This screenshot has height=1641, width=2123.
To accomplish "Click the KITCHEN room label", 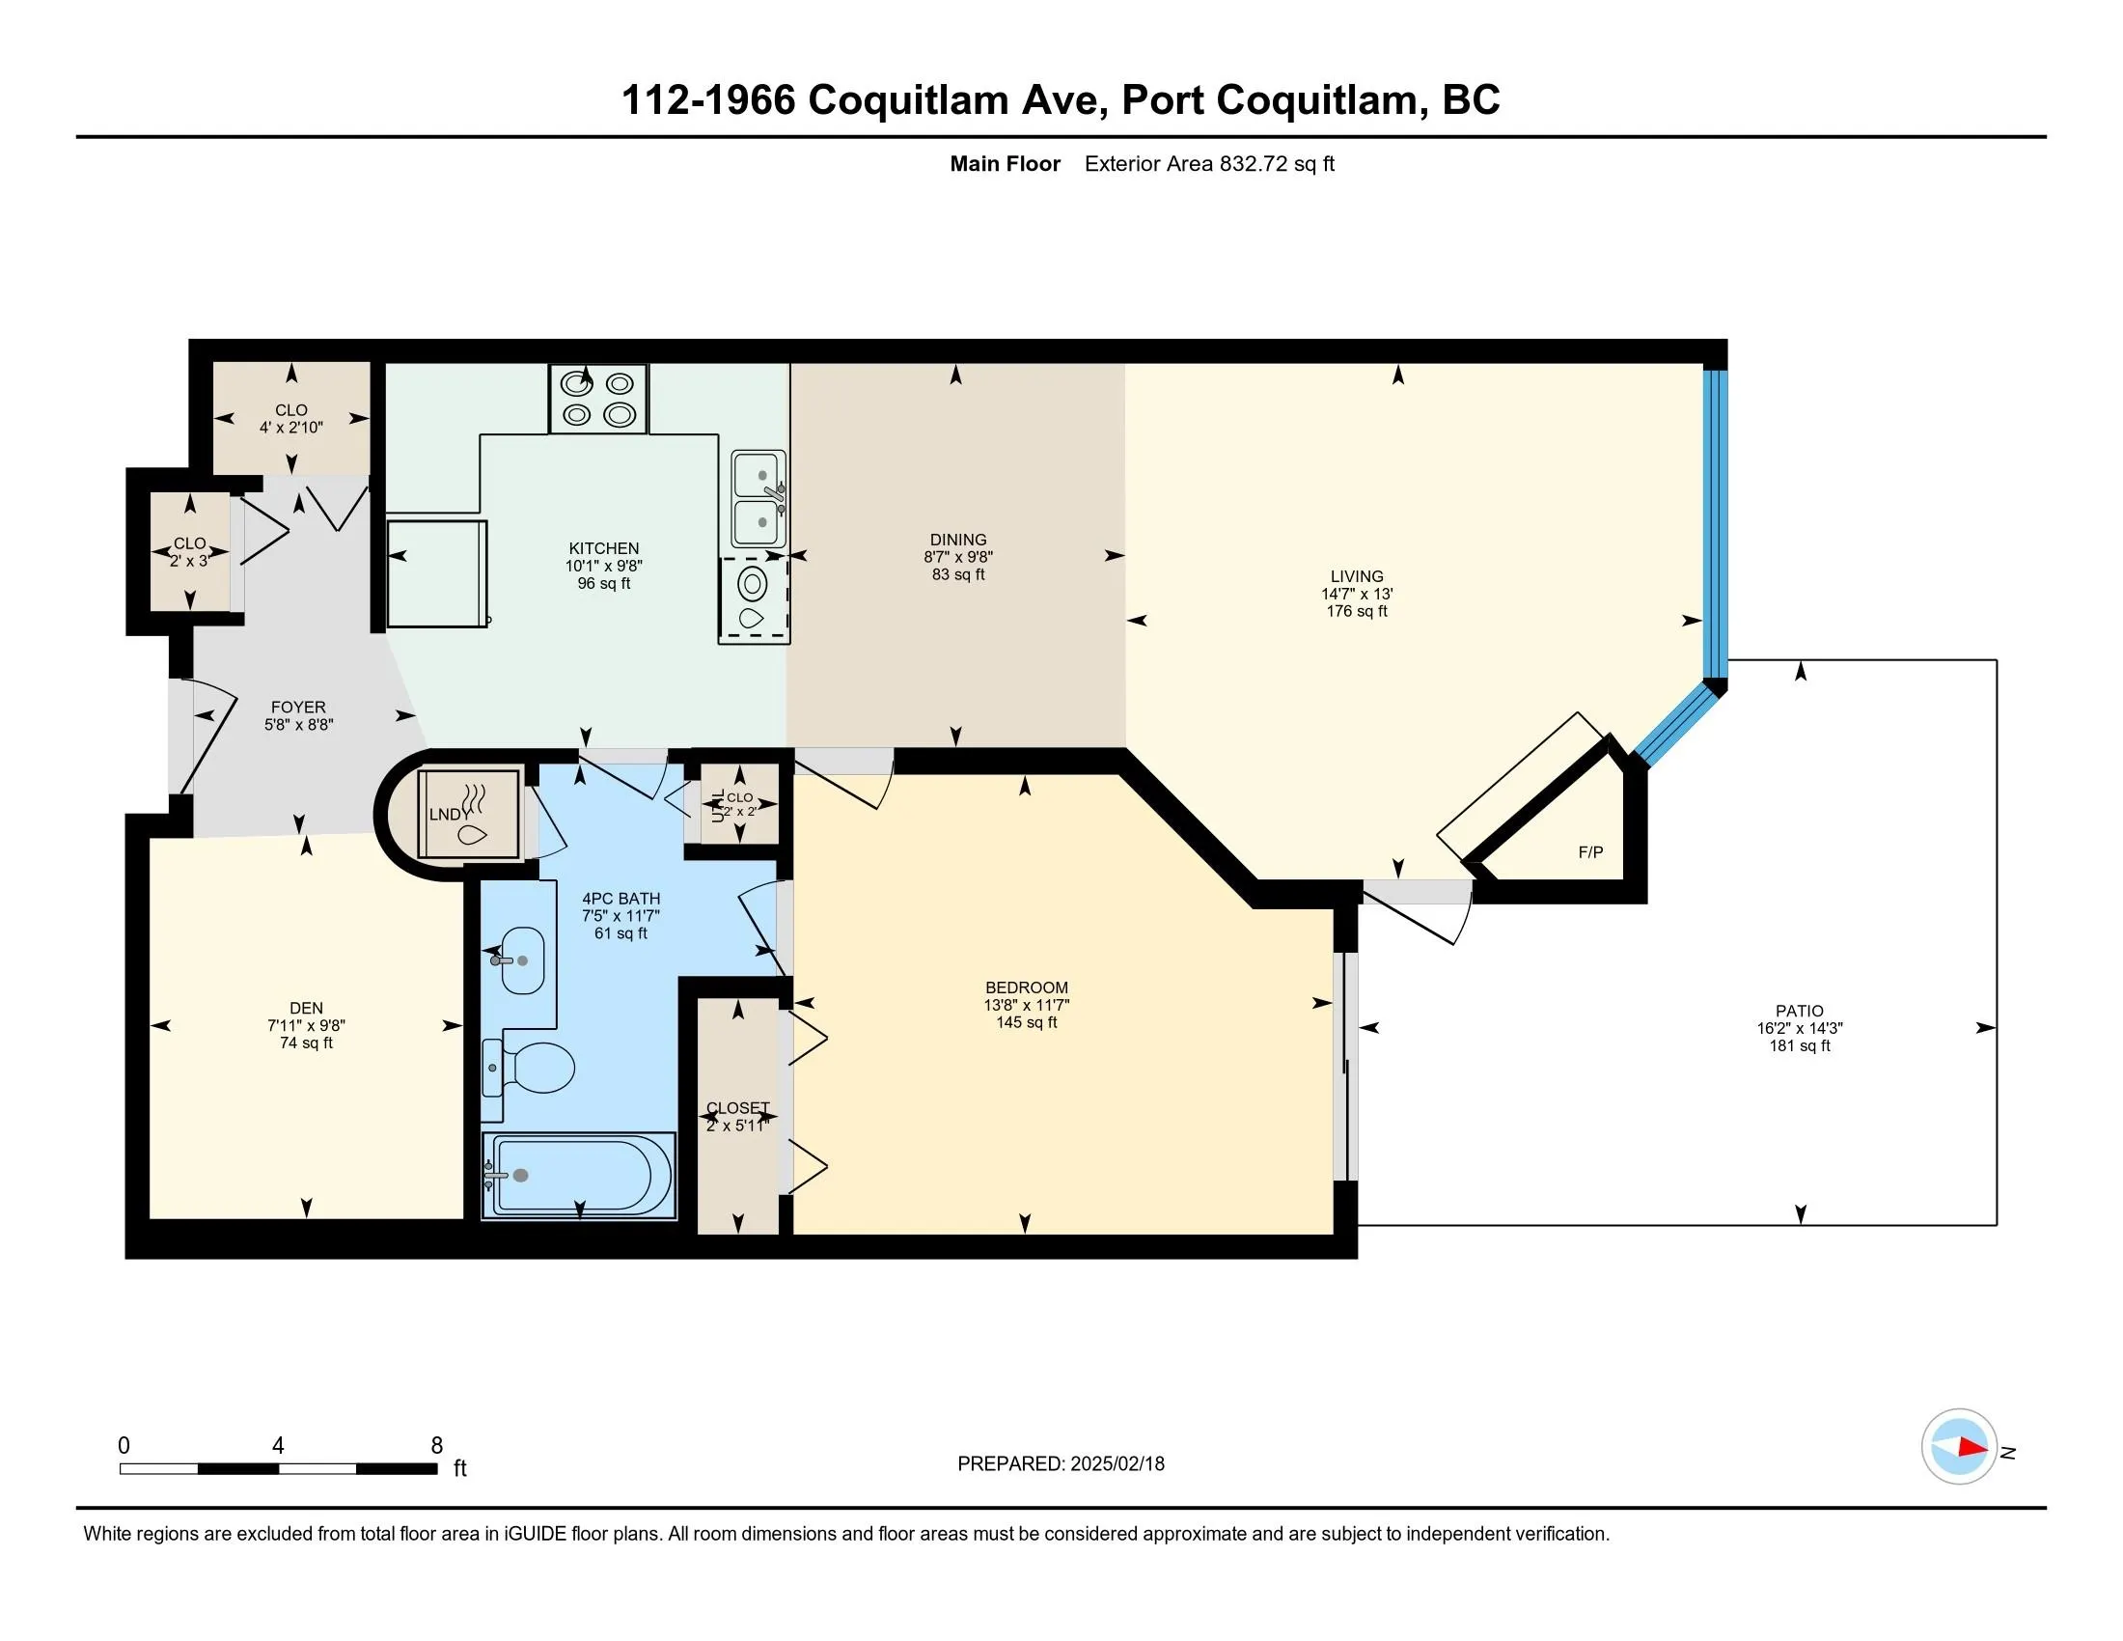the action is [604, 548].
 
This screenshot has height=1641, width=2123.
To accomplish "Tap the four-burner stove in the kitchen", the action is [598, 399].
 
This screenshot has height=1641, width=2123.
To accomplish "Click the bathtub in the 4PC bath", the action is [579, 1175].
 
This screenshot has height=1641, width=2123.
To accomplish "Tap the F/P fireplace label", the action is [1590, 852].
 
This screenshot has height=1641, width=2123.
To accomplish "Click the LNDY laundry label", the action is [449, 815].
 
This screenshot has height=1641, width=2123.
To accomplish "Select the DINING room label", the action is [958, 540].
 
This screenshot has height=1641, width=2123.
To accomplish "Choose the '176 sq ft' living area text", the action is [1357, 611].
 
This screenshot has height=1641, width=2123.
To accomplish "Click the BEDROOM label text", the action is [1027, 987].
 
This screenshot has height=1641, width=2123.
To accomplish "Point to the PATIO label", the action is [1800, 1011].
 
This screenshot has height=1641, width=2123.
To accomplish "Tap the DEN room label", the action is [306, 1008].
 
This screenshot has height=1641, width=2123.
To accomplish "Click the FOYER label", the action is [298, 707].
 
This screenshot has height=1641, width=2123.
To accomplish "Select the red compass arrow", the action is [1971, 1447].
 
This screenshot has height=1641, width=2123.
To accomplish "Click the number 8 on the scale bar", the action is [436, 1446].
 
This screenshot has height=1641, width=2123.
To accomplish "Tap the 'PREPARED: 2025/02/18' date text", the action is [1061, 1464].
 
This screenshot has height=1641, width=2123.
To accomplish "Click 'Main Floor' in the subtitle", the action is [1006, 164].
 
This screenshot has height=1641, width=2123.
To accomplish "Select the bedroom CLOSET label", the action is [738, 1108].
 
